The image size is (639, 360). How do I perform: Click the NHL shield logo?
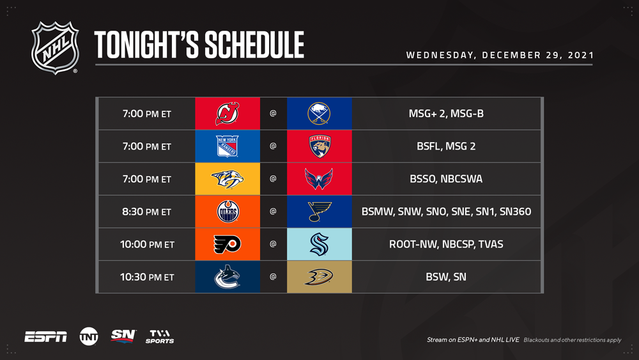tap(55, 48)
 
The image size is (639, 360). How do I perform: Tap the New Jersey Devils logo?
tap(227, 114)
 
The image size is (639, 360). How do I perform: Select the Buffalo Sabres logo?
tap(319, 113)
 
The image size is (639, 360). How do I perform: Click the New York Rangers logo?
tap(227, 146)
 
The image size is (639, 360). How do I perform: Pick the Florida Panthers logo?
tap(319, 146)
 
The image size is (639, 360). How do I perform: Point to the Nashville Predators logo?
tap(227, 179)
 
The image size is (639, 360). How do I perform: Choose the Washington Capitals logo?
tap(319, 179)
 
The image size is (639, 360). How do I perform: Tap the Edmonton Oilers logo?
tap(228, 212)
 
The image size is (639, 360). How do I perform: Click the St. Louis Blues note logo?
tap(319, 212)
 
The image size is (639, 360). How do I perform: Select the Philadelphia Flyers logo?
tap(227, 244)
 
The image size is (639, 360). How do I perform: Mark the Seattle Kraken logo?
tap(319, 244)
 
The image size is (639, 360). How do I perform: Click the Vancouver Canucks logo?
tap(227, 277)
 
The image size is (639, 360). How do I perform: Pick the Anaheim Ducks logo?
tap(319, 277)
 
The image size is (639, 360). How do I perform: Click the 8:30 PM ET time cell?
tap(147, 212)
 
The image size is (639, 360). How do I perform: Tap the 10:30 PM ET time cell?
tap(147, 277)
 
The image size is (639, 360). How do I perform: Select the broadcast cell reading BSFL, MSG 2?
tap(446, 146)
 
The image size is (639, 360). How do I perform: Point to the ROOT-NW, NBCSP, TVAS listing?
tap(446, 244)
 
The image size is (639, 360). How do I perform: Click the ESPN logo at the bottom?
tap(45, 337)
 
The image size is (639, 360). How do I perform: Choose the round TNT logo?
tap(89, 337)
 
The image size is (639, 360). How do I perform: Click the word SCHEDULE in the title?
tap(254, 45)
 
